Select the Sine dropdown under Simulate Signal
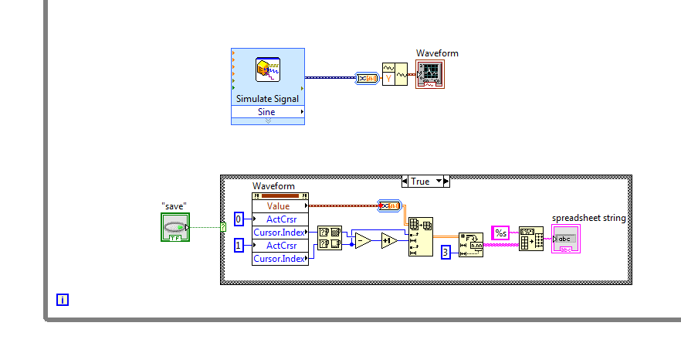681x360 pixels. (266, 112)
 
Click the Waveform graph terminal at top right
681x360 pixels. (430, 74)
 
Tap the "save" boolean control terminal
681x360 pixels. (174, 227)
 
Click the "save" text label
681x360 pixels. (174, 205)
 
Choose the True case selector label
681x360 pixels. (425, 182)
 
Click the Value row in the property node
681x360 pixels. (279, 206)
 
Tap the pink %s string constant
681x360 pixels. (500, 233)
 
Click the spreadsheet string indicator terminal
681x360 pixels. (566, 239)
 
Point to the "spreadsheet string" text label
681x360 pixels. (588, 218)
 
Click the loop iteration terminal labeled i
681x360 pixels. (63, 300)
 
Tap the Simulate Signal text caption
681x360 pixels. (267, 99)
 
